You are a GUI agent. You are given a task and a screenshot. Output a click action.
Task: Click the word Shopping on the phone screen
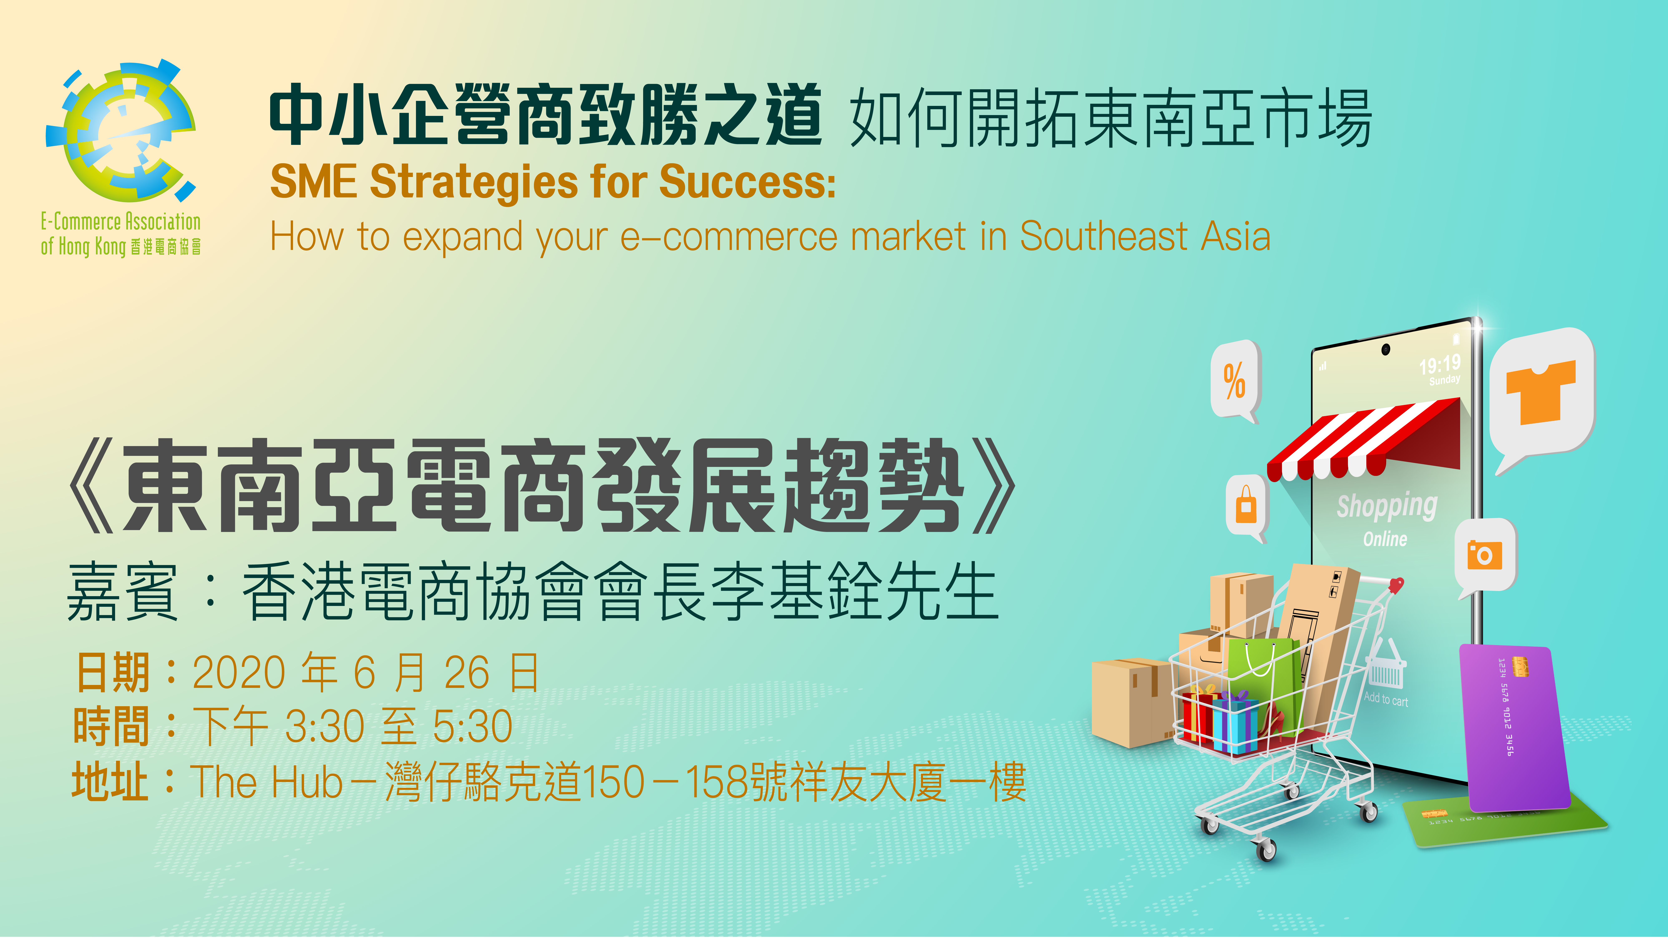(1387, 506)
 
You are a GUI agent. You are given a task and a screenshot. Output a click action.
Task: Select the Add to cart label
(1386, 699)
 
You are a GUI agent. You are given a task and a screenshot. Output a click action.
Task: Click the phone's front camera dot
(1385, 350)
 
